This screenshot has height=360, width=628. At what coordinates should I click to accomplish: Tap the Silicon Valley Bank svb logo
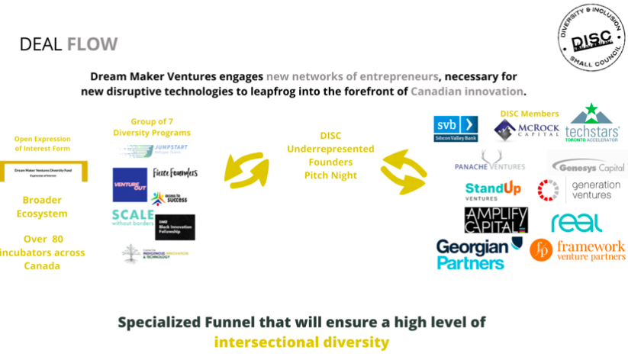[x=456, y=127]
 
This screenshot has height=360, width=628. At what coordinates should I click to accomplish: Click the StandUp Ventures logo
[x=494, y=190]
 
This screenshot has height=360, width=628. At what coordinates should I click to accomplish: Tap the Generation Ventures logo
[x=581, y=190]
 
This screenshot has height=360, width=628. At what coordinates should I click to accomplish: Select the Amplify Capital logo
[x=496, y=220]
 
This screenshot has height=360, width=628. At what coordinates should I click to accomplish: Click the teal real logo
[x=576, y=222]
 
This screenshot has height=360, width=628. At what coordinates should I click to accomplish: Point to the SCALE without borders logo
[x=133, y=217]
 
